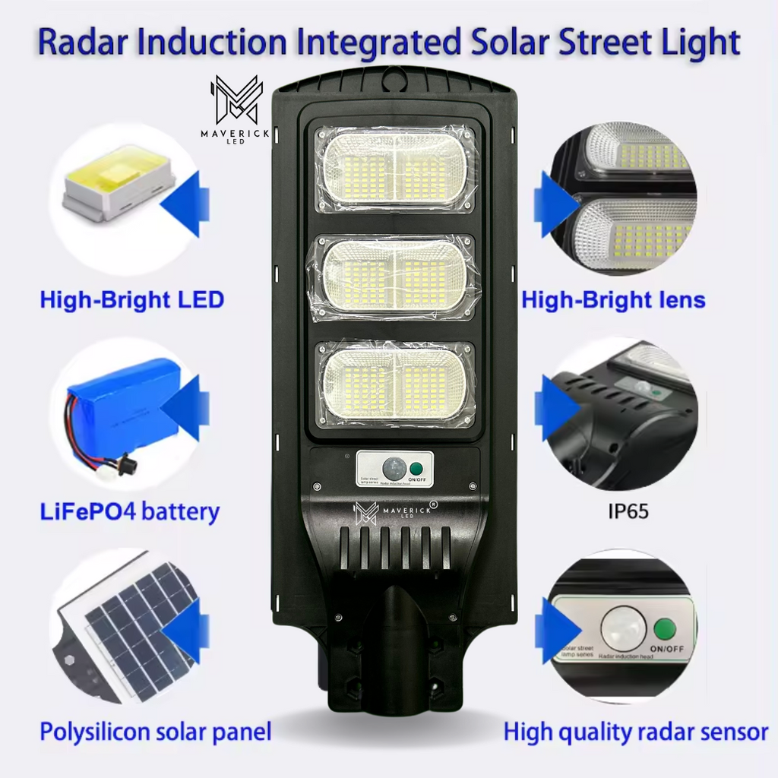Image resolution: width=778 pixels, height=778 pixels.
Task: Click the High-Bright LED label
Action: (x=131, y=299)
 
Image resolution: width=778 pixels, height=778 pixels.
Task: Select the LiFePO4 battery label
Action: (x=129, y=511)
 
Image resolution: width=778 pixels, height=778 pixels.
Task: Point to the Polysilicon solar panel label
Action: (x=155, y=732)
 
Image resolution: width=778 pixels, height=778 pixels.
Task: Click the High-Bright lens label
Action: (x=613, y=300)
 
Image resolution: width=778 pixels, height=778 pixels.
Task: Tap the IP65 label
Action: (x=628, y=511)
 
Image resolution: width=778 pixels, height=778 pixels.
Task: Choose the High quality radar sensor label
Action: (x=635, y=732)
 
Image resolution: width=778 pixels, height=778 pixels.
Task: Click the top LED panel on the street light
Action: (x=394, y=168)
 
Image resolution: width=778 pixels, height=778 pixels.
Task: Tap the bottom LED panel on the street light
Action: (x=394, y=384)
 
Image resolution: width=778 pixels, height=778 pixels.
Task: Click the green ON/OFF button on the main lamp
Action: (x=416, y=466)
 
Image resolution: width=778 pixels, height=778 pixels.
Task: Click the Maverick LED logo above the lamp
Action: (x=236, y=104)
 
